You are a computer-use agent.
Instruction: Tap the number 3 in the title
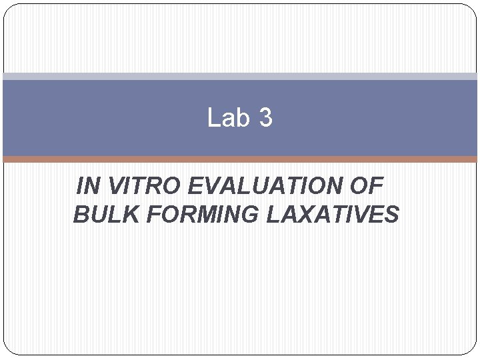coord(265,118)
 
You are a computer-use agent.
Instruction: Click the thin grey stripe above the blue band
coord(240,77)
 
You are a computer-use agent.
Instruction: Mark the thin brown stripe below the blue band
coord(240,159)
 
